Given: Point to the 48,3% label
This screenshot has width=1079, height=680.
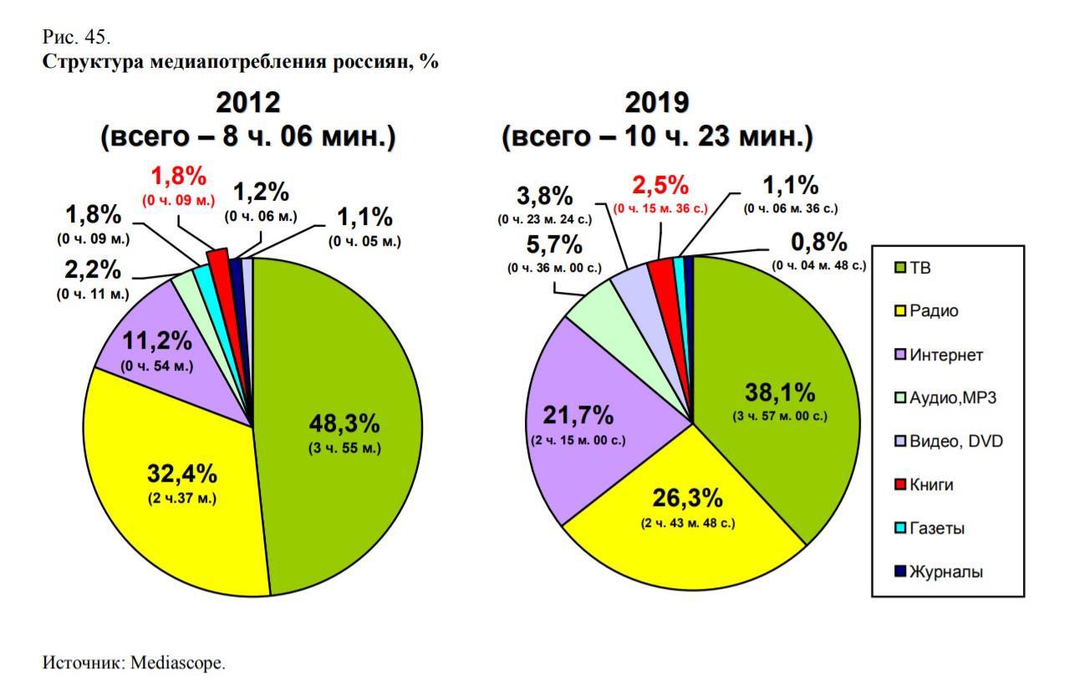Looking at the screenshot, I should pos(344,423).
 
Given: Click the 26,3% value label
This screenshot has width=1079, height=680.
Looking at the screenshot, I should pos(688,498).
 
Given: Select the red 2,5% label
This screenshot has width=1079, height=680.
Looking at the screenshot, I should pos(660,185).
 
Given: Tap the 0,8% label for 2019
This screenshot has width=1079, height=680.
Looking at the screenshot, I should pos(819,243).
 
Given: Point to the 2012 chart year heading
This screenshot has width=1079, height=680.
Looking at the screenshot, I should pos(247,103).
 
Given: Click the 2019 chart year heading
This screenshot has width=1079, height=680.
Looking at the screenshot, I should pos(657,103).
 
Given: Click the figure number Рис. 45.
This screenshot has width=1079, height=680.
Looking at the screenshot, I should pos(76,38).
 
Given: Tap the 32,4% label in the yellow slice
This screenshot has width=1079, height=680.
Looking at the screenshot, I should pos(182,474).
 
